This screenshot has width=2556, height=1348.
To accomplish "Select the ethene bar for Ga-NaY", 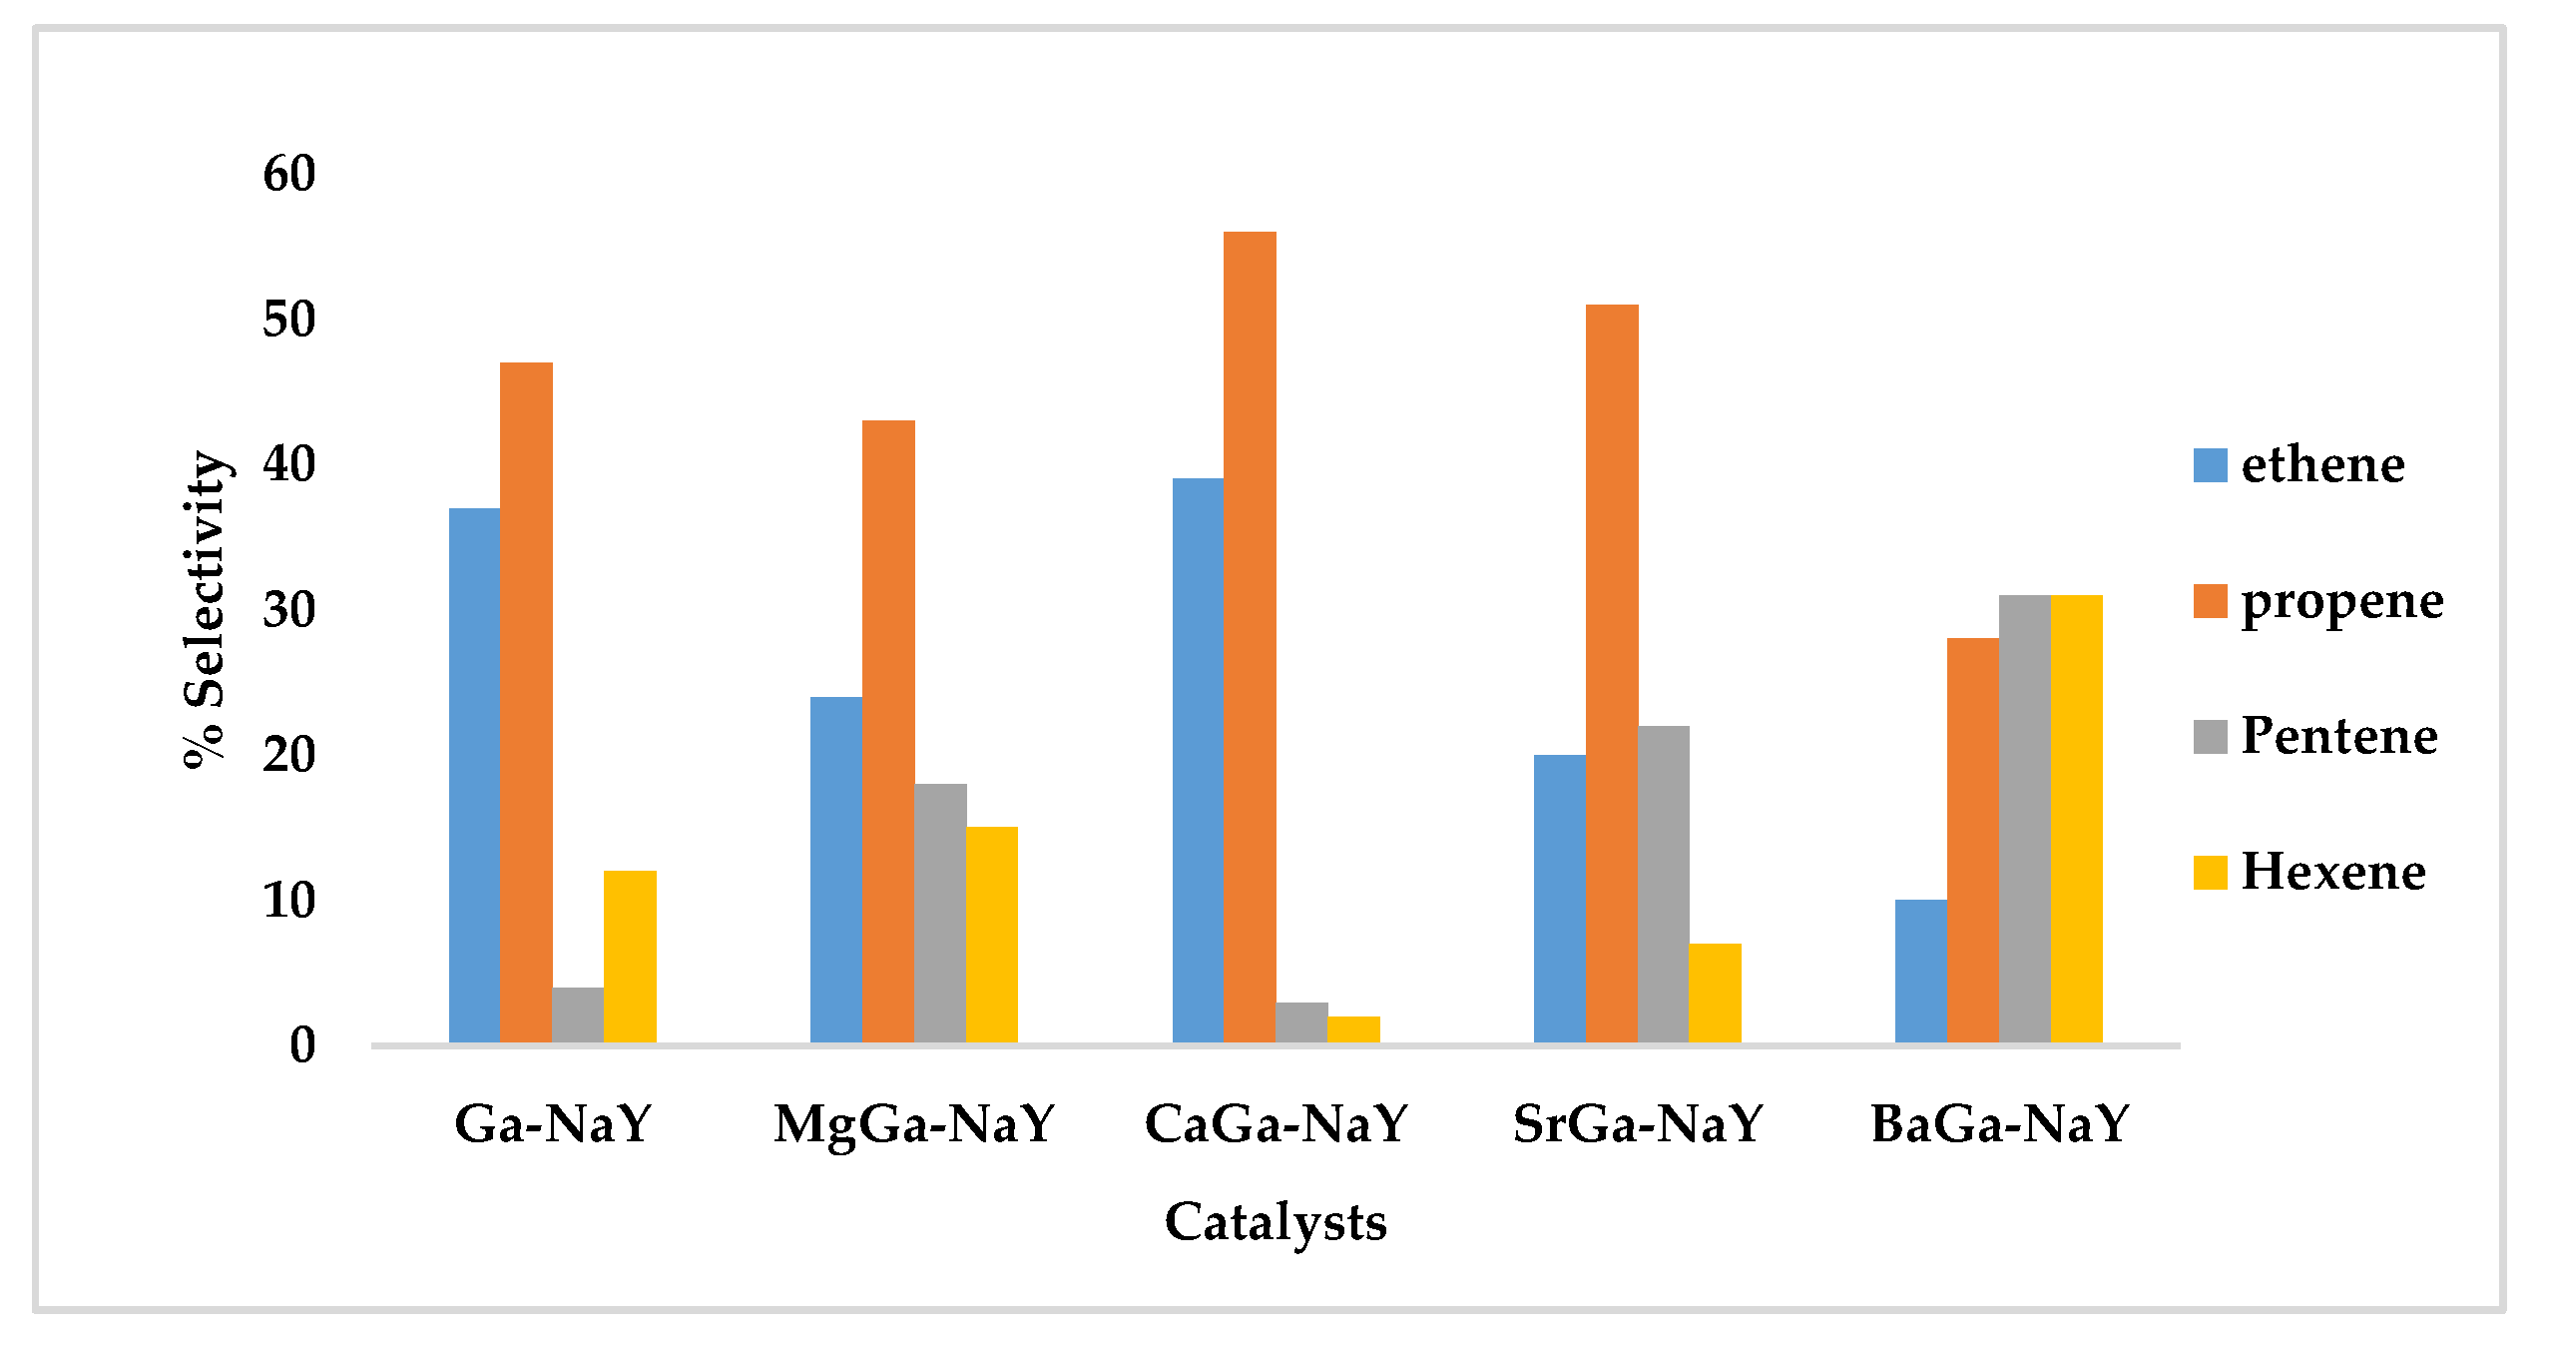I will [x=474, y=775].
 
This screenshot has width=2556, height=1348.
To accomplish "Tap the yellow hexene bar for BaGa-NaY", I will [x=2076, y=819].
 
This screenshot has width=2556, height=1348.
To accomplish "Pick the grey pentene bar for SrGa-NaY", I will [x=1664, y=884].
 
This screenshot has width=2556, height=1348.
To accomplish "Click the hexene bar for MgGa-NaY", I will [x=991, y=935].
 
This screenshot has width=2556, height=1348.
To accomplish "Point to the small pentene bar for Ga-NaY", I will [x=578, y=1015].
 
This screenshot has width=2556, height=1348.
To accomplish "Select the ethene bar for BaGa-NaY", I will [x=1920, y=971].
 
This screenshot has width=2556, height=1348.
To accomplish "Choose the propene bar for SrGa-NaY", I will [x=1612, y=673].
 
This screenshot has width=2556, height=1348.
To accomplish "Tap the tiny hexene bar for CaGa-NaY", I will [x=1353, y=1029].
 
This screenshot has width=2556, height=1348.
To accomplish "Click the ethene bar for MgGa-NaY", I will [x=836, y=869].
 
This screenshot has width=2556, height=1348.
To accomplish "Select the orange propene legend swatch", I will [x=2210, y=601].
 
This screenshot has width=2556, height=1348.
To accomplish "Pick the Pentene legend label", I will [x=2338, y=736].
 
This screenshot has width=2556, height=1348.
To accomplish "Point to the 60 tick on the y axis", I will [x=289, y=175].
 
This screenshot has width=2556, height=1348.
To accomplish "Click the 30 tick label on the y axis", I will [x=289, y=610].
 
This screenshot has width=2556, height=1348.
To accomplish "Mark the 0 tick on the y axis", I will [x=302, y=1045].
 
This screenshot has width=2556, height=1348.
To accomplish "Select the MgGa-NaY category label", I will [x=914, y=1124].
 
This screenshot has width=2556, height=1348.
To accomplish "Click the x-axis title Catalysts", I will [x=1276, y=1222].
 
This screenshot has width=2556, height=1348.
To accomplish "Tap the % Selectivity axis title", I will [x=207, y=609].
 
